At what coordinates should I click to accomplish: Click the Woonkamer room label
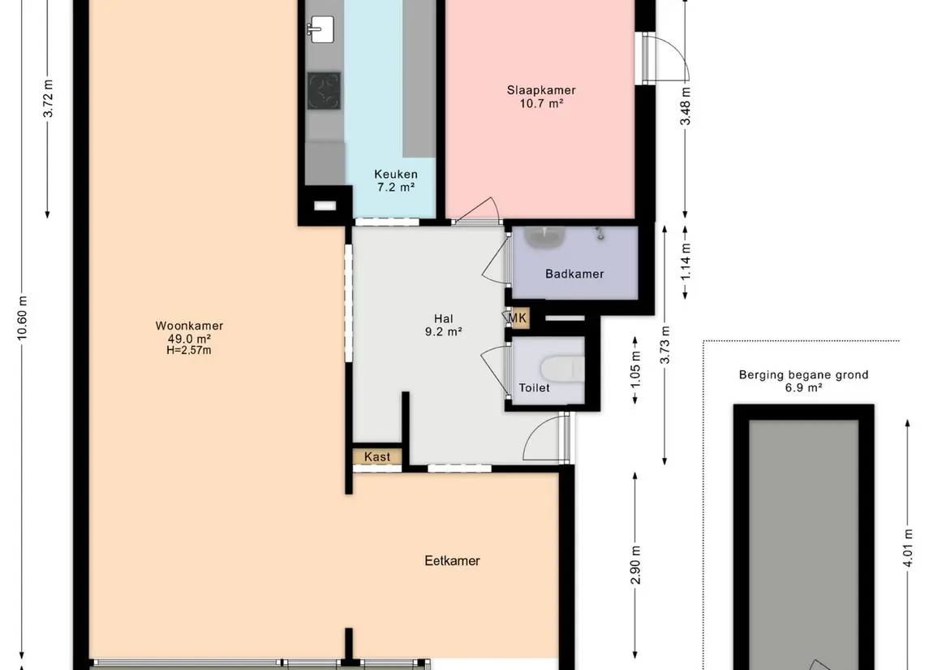click(189, 326)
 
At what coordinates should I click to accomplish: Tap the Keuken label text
click(396, 175)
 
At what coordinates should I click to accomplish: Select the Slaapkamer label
click(541, 90)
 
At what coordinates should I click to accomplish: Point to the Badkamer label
click(574, 274)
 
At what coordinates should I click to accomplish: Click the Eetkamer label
click(452, 561)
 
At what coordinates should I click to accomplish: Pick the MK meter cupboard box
click(517, 318)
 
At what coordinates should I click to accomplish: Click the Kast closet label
click(377, 456)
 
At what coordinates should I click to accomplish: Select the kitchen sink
click(320, 29)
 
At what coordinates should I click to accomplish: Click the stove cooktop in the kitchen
click(324, 91)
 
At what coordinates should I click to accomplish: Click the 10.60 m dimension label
click(22, 318)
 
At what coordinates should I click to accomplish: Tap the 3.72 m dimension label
click(49, 98)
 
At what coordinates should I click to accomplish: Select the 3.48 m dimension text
click(686, 106)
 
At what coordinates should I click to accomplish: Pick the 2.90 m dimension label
click(635, 565)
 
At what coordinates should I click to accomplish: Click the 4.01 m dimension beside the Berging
click(908, 549)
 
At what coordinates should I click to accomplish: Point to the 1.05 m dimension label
click(635, 370)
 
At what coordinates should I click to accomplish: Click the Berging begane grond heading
click(803, 374)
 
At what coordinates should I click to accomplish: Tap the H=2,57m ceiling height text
click(189, 350)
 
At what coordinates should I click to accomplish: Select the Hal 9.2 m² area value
click(443, 332)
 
